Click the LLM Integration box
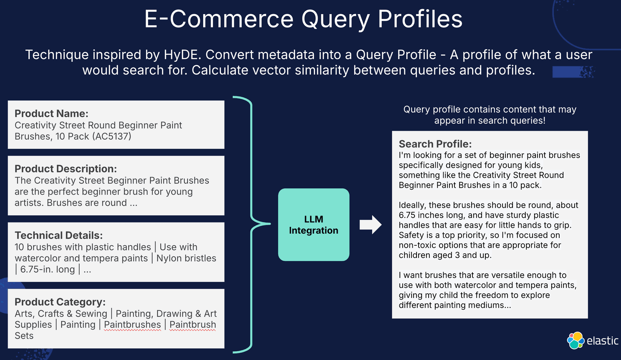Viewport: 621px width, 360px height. pyautogui.click(x=313, y=225)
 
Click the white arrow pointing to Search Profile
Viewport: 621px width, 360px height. pyautogui.click(x=370, y=225)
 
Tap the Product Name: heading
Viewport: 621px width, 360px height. pyautogui.click(x=51, y=113)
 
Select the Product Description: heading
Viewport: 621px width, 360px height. pyautogui.click(x=66, y=169)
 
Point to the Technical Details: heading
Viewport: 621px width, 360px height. pyautogui.click(x=58, y=235)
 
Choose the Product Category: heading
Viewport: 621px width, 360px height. pyautogui.click(x=60, y=302)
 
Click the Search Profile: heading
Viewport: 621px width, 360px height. pyautogui.click(x=435, y=144)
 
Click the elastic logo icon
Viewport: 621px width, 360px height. pyautogui.click(x=576, y=340)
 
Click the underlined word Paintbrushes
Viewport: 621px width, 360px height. pyautogui.click(x=132, y=325)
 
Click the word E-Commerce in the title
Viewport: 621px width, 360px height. pyautogui.click(x=219, y=19)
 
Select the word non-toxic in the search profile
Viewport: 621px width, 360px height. pyautogui.click(x=417, y=245)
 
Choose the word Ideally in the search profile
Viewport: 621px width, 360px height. pyautogui.click(x=412, y=205)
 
